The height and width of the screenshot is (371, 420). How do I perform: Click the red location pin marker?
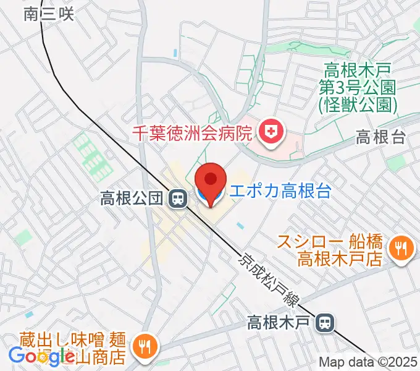point(210,181)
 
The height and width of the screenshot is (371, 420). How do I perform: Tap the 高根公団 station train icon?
point(178,198)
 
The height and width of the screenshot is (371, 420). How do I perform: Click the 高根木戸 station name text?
point(280,322)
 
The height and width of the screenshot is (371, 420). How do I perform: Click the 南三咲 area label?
point(49,14)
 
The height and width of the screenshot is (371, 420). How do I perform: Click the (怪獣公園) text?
point(358,105)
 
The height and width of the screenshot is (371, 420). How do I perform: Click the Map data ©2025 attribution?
point(367,362)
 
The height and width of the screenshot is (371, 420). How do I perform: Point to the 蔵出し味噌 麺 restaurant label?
point(69,348)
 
